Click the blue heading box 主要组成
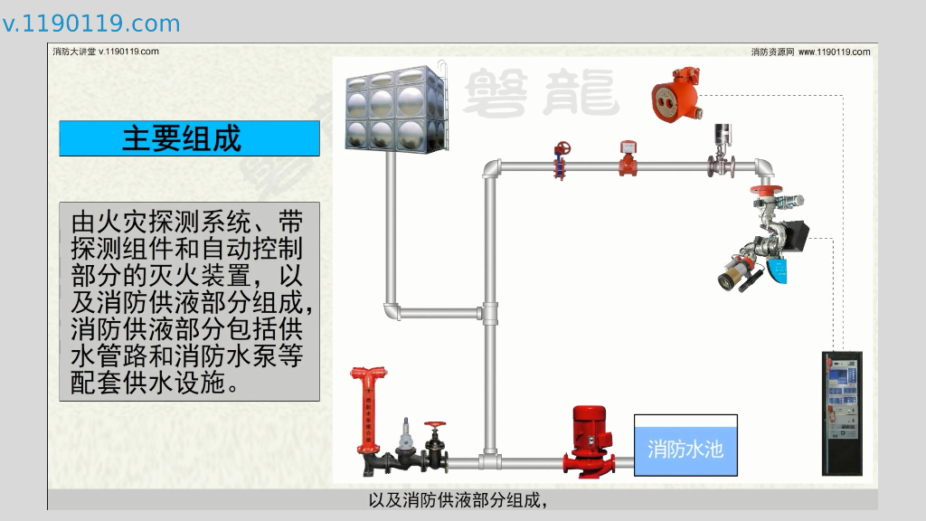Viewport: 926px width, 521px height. (189, 138)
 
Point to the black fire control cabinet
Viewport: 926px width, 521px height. (841, 412)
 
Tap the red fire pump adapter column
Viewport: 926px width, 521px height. (366, 412)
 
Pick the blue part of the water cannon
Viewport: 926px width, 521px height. (777, 269)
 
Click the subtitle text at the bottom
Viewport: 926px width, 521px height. (461, 500)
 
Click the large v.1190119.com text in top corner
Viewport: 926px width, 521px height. (91, 24)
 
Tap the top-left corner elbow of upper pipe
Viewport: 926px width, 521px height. (491, 169)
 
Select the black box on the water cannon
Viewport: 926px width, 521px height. (798, 235)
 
